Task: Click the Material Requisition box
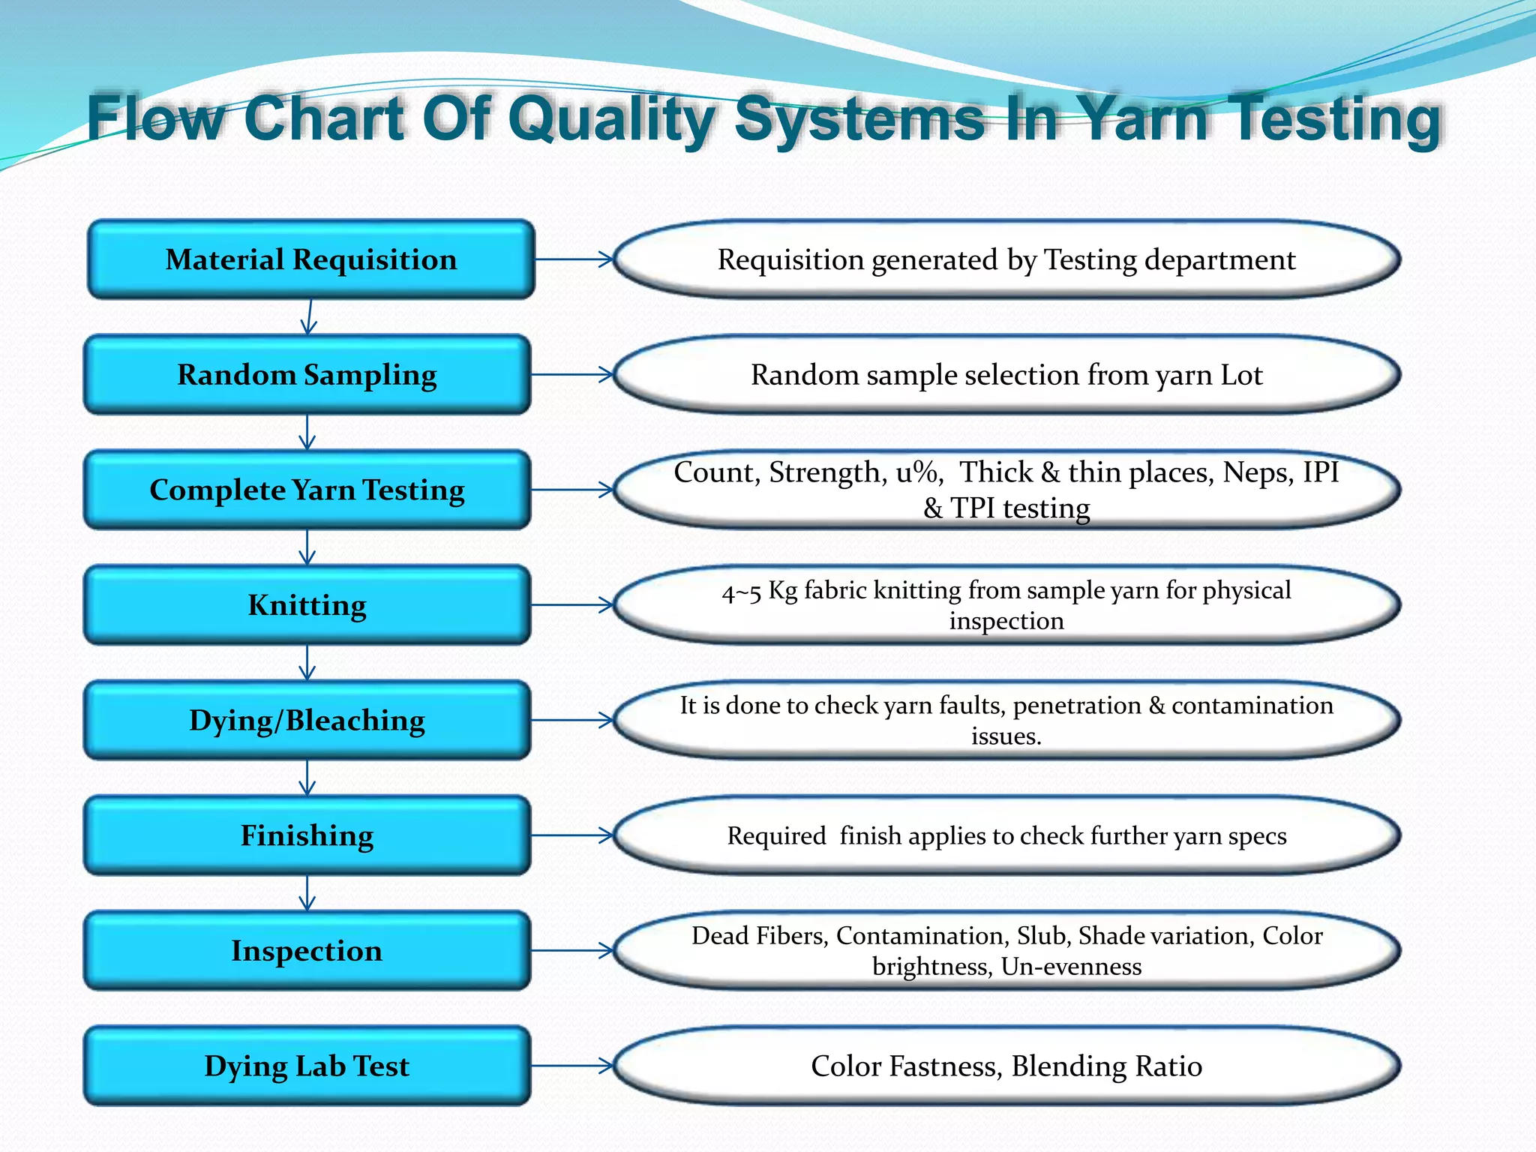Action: pos(310,259)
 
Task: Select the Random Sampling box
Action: pos(307,374)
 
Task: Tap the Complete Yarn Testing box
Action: pos(307,490)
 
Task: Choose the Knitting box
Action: pos(307,604)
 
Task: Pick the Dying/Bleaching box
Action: pos(307,720)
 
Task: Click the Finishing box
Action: pos(307,835)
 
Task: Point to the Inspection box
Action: pos(307,950)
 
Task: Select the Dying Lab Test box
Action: pos(307,1066)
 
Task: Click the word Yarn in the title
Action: pos(1144,118)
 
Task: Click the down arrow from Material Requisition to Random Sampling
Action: pos(309,316)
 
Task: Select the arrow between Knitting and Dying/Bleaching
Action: pos(307,662)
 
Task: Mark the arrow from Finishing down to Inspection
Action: pos(307,892)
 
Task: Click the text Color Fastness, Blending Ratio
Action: pos(1006,1066)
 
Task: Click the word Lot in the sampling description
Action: pos(1241,375)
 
